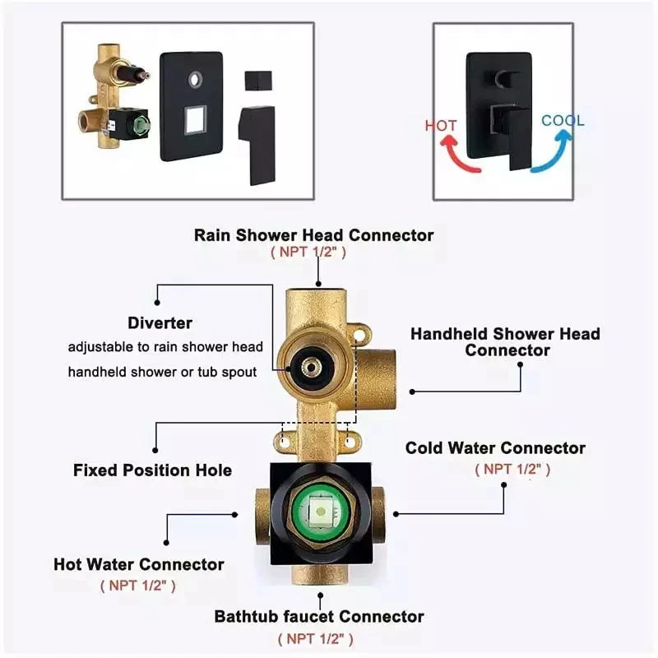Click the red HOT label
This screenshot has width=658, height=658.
point(441,126)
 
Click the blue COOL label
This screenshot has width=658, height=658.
point(563,120)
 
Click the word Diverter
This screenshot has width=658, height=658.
point(160,322)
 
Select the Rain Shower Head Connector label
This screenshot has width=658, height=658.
point(313,234)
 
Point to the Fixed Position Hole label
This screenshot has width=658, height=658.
point(152,470)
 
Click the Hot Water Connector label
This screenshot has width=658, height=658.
point(138,564)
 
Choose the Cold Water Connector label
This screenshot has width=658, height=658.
point(495,448)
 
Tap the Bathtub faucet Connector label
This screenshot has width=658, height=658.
point(319,616)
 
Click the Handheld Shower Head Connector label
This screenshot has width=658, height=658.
point(505,341)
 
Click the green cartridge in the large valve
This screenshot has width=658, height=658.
point(319,514)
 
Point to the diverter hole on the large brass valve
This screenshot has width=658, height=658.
point(313,366)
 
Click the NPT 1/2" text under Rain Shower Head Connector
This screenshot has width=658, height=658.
point(308,252)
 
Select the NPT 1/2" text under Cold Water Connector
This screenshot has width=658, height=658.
point(512,469)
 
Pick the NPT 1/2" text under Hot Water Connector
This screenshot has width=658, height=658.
point(137,586)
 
